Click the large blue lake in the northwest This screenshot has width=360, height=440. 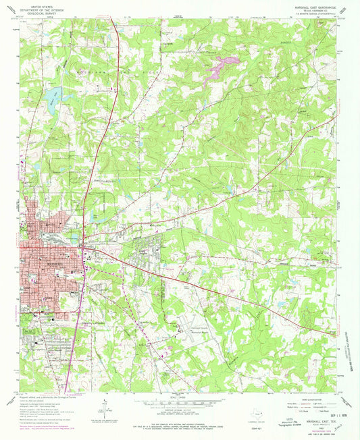pos(53,94)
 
